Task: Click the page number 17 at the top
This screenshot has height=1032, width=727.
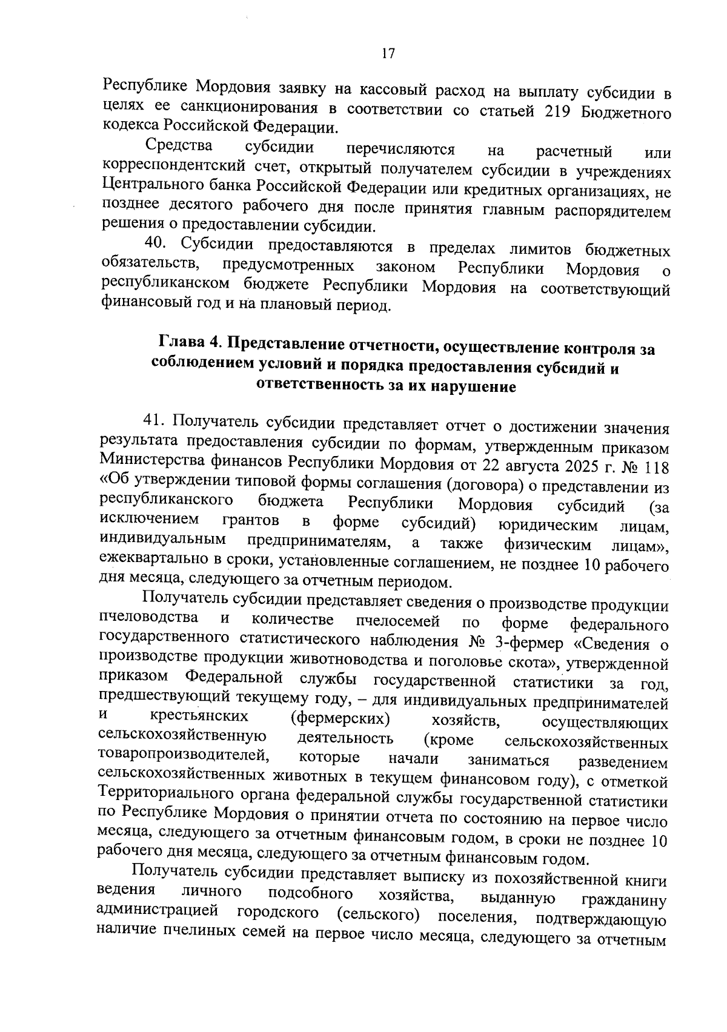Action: point(388,53)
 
